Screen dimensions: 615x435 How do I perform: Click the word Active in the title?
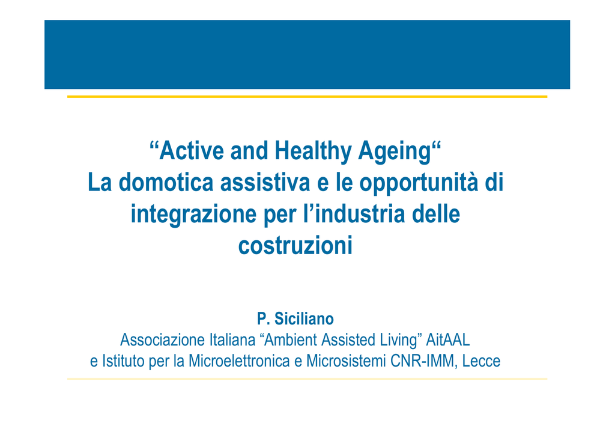pyautogui.click(x=191, y=151)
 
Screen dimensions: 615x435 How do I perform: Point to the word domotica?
pyautogui.click(x=166, y=183)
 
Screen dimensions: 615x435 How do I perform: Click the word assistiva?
pyautogui.click(x=265, y=183)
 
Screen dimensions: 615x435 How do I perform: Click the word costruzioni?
pyautogui.click(x=295, y=246)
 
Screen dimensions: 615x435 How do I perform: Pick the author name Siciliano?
pyautogui.click(x=304, y=318)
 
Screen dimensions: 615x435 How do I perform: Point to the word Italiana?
pyautogui.click(x=232, y=339)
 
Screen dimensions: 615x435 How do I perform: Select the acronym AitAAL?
pyautogui.click(x=448, y=339)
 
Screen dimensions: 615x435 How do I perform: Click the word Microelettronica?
pyautogui.click(x=239, y=361)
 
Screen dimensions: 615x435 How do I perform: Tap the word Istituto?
pyautogui.click(x=124, y=361)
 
